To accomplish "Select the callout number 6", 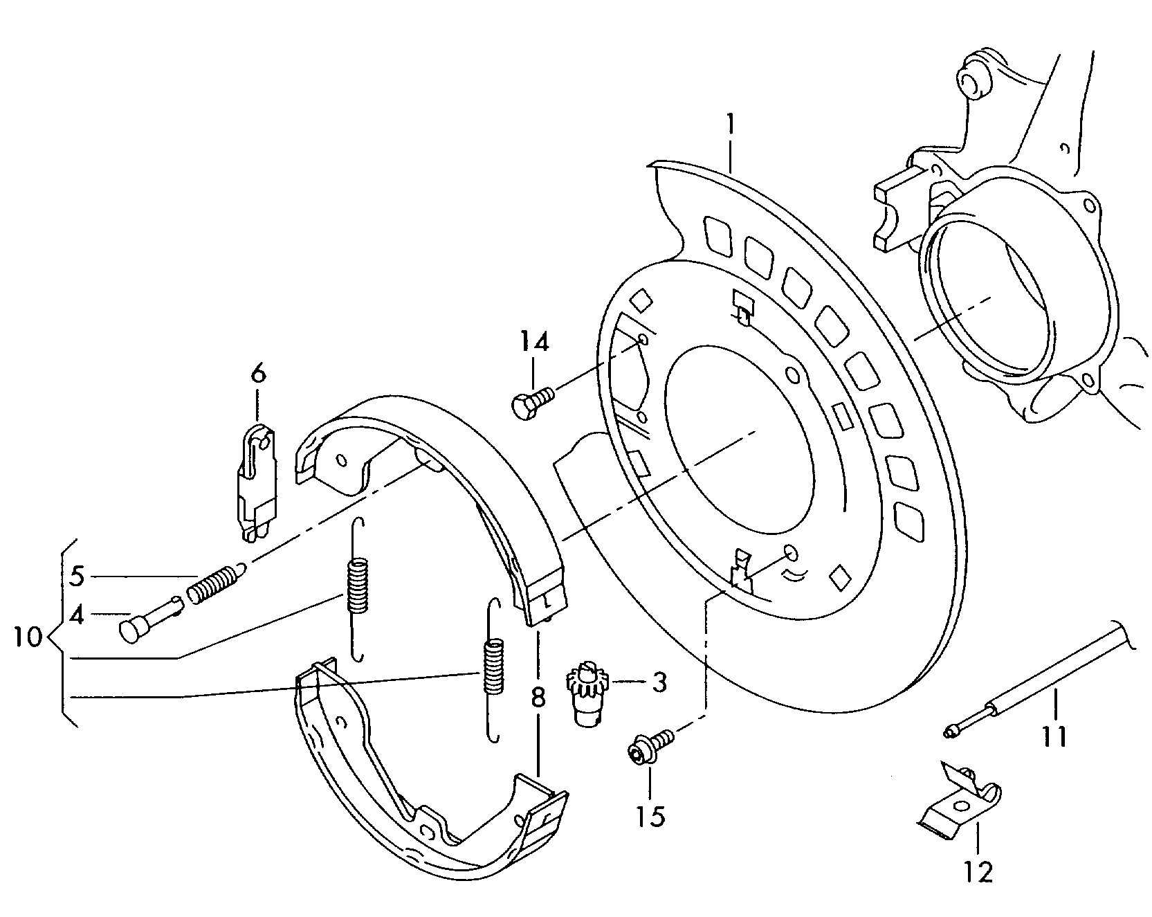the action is [x=257, y=374].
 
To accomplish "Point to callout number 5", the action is [x=77, y=576].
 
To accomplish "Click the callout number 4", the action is [x=77, y=615].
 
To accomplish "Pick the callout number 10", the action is [x=28, y=637].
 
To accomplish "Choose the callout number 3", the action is [x=659, y=682].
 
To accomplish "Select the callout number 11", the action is [x=1054, y=737].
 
